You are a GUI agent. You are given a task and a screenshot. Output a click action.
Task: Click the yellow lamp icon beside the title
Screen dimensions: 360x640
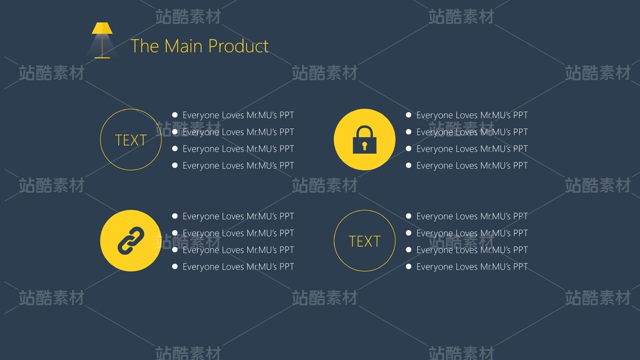coord(102,40)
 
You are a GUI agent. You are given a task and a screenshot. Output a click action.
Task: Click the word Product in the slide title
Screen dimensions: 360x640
coord(238,46)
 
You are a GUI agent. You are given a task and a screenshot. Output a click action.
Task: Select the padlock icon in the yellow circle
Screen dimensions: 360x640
coord(364,140)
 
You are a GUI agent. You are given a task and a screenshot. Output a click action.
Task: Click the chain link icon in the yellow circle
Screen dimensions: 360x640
coord(131,240)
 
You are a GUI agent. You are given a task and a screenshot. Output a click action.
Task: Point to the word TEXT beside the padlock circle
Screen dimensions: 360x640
coord(131,140)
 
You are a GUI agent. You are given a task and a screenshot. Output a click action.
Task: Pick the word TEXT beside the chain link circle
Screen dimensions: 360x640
coord(365,241)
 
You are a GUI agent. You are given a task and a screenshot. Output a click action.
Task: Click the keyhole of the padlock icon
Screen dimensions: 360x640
coord(364,146)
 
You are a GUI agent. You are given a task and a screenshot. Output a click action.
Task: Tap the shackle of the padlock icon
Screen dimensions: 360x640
coord(364,131)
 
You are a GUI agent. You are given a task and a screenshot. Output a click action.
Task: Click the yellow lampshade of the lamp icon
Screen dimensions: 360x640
coord(102,28)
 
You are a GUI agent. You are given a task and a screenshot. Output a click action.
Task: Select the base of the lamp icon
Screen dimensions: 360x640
coord(102,58)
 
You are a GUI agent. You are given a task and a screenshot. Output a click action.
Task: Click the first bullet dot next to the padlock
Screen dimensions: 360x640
coord(409,115)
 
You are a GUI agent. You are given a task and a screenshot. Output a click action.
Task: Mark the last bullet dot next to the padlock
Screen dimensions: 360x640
coord(409,165)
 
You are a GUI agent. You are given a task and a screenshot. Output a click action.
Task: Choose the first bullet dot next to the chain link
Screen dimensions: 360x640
coord(175,216)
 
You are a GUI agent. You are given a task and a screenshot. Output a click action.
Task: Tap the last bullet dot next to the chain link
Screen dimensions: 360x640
coord(175,266)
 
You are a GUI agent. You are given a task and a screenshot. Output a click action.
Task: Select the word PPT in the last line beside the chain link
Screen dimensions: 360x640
coord(286,267)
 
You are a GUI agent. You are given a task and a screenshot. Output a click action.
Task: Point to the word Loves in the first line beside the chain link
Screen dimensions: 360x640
coord(232,216)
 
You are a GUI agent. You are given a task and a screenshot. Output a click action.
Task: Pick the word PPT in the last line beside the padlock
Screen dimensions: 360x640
coord(520,166)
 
